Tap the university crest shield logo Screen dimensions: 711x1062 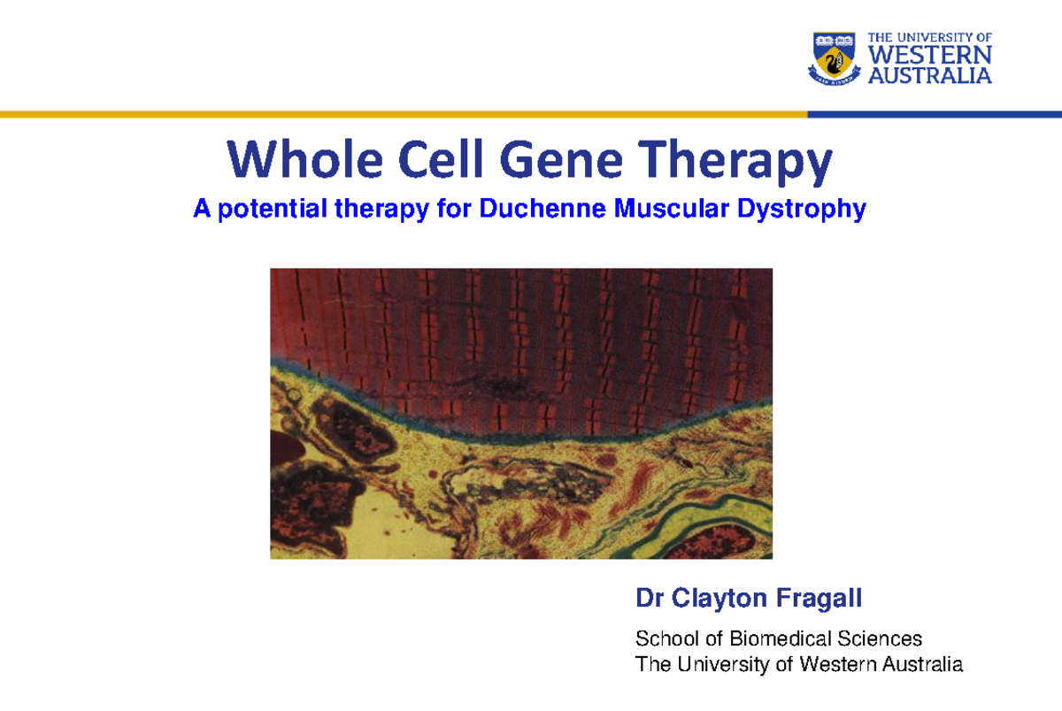[x=834, y=57]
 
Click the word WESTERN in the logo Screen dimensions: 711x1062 [x=929, y=56]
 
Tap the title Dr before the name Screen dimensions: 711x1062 [x=650, y=600]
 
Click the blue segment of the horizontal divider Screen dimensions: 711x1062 [x=934, y=114]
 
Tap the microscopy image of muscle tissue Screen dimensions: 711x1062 [x=520, y=413]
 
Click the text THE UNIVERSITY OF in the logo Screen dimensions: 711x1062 [x=929, y=38]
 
